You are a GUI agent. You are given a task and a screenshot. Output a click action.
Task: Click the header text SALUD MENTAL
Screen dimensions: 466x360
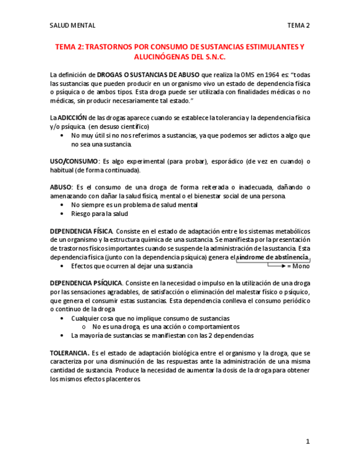(x=72, y=25)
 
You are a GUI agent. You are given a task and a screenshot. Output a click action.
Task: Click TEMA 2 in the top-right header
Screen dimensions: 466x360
(x=298, y=25)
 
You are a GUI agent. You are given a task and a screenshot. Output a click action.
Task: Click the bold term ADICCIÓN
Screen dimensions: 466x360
(x=71, y=118)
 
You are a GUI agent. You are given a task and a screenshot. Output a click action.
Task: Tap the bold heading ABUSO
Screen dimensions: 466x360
(x=60, y=187)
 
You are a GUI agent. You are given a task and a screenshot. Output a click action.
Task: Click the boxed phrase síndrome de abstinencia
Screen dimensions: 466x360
(x=273, y=257)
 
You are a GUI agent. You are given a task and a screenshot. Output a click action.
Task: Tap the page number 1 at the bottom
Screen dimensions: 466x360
(x=308, y=441)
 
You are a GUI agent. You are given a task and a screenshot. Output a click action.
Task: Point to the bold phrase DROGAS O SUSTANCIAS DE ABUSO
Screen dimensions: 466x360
(x=148, y=74)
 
